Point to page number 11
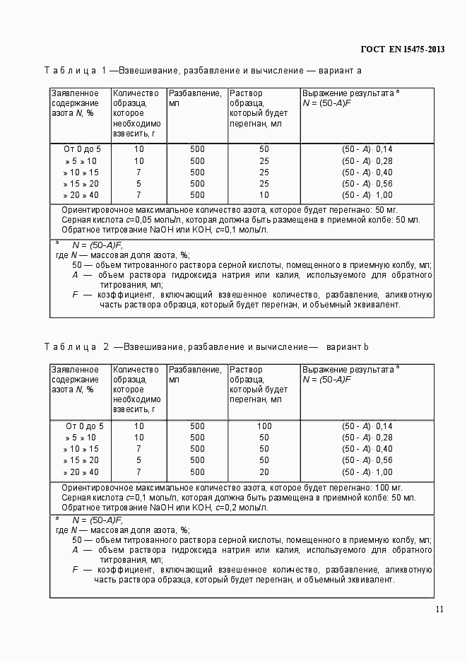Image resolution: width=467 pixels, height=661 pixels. [x=439, y=609]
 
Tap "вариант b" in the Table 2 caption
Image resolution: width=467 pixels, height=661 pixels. [x=348, y=347]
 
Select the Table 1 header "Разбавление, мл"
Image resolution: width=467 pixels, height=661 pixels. [x=195, y=98]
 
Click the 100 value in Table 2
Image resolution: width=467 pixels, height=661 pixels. [x=264, y=426]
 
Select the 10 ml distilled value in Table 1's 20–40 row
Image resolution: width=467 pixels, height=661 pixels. [x=264, y=195]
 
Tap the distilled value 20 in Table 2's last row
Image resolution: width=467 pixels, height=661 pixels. [x=264, y=472]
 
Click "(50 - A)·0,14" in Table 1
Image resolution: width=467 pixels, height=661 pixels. [x=367, y=149]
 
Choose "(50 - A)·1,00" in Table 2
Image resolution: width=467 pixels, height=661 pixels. [x=367, y=472]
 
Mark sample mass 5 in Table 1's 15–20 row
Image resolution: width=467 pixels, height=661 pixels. [x=138, y=184]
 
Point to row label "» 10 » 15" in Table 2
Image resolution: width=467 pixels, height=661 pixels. [x=81, y=449]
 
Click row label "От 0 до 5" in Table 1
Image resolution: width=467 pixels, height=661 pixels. [x=83, y=149]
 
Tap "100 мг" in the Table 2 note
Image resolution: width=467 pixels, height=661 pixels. [x=388, y=488]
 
